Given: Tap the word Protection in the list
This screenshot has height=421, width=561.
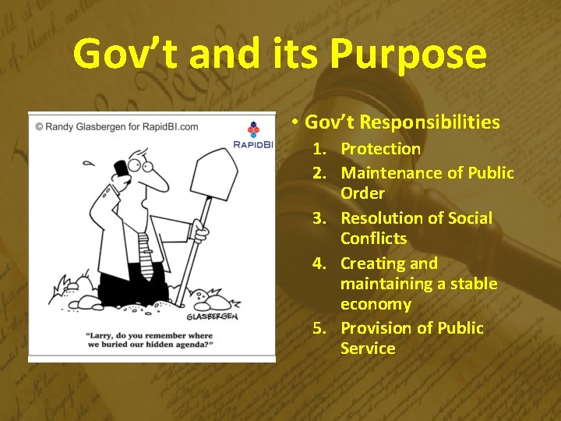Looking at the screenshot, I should click(x=380, y=149).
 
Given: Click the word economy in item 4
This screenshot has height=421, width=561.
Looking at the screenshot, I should click(x=376, y=304).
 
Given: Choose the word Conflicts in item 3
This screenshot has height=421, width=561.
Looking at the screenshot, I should click(x=373, y=238).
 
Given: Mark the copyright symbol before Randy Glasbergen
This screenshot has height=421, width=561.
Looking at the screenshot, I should click(x=40, y=126).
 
